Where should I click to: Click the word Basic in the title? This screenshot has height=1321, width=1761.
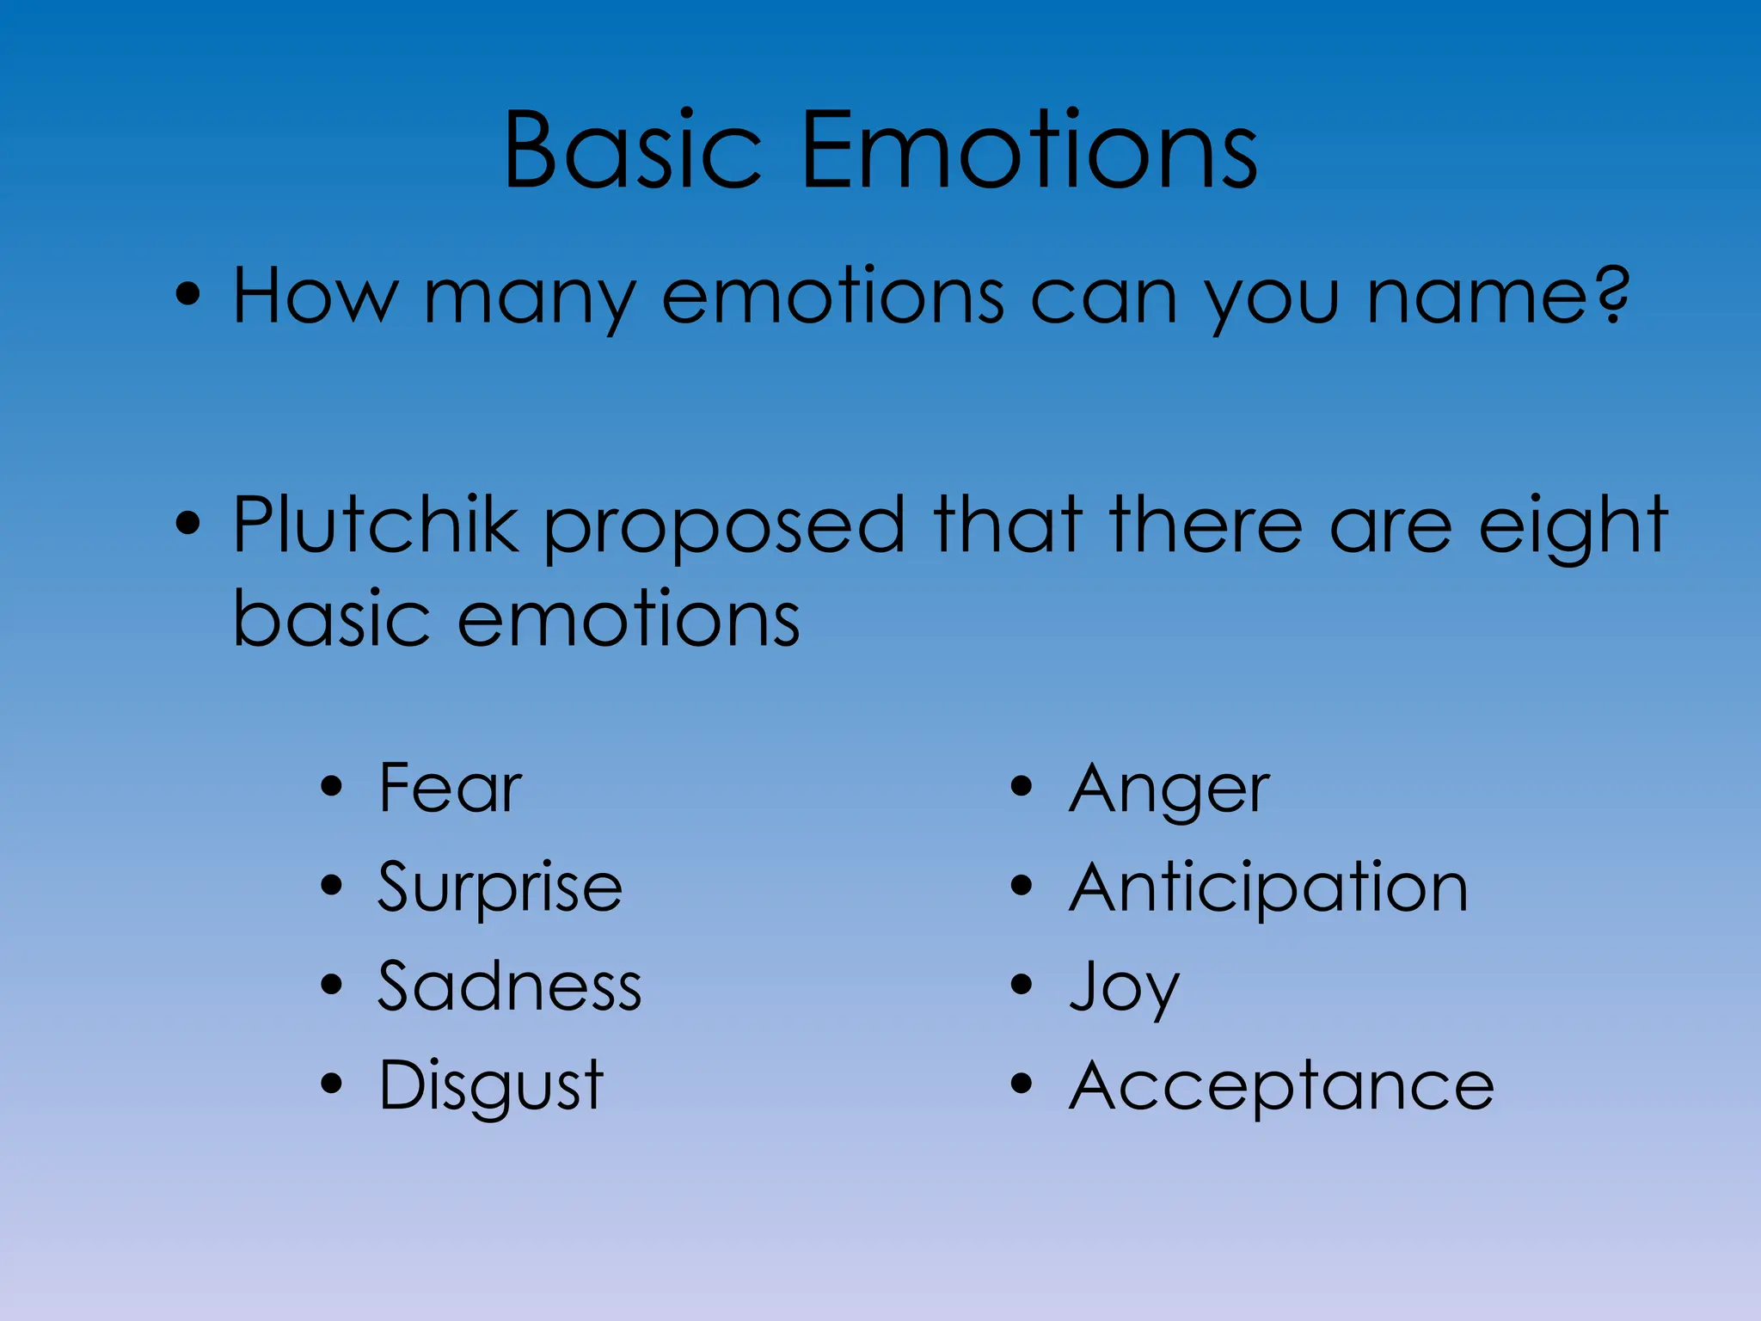pos(633,151)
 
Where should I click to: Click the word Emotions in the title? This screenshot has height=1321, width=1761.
pos(1028,151)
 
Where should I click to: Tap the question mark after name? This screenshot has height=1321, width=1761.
pos(1606,295)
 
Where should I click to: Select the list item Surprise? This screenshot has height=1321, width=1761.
pos(500,888)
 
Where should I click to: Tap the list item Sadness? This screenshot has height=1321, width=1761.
pos(509,986)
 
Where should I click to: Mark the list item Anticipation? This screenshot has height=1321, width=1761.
pos(1268,888)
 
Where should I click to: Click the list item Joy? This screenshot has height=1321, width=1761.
pos(1124,987)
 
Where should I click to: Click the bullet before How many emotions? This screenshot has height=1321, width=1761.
pos(187,295)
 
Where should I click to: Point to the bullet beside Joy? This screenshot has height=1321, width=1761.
pos(1021,984)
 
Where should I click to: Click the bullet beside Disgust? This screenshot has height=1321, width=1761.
pos(331,1083)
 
